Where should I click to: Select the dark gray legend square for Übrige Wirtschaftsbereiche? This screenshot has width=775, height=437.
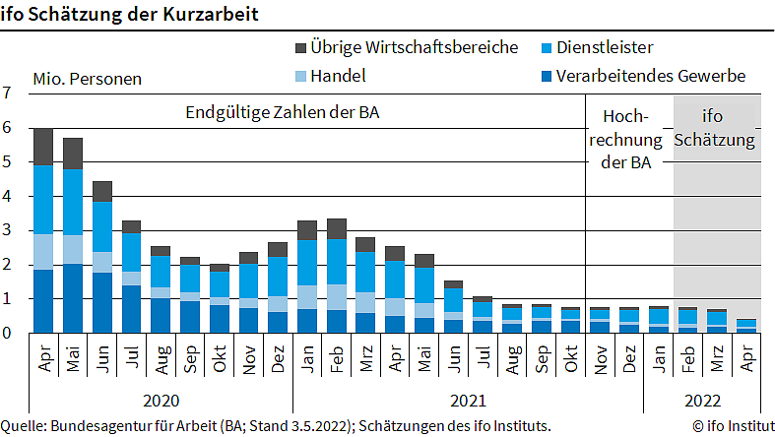(x=299, y=47)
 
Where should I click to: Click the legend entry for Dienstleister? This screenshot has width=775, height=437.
(x=605, y=47)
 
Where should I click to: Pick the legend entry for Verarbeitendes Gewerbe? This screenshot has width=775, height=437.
(x=651, y=76)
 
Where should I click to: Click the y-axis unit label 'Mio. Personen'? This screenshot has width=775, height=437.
(x=87, y=79)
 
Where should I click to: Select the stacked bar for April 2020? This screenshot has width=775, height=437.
(x=43, y=230)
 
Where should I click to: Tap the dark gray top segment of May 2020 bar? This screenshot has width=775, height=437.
(x=73, y=154)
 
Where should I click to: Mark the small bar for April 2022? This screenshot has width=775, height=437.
(x=746, y=326)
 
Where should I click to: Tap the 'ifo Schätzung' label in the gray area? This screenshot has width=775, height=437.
(x=716, y=128)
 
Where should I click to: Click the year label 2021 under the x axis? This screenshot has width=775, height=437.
(x=468, y=401)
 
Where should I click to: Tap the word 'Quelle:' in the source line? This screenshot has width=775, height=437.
(x=26, y=426)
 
